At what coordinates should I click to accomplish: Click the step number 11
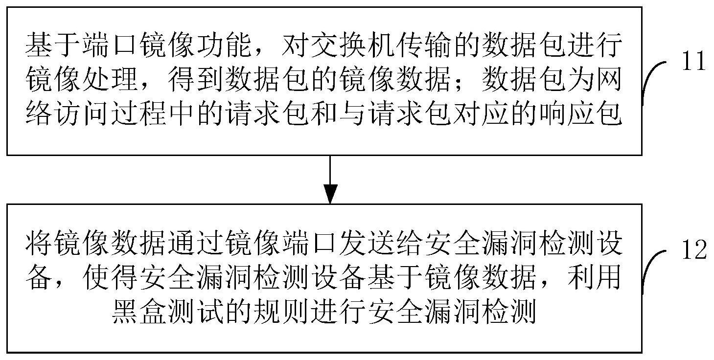click(694, 61)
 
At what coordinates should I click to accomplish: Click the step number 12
click(694, 250)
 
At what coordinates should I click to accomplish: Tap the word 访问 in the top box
click(81, 113)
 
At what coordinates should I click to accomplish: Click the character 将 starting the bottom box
click(39, 244)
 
